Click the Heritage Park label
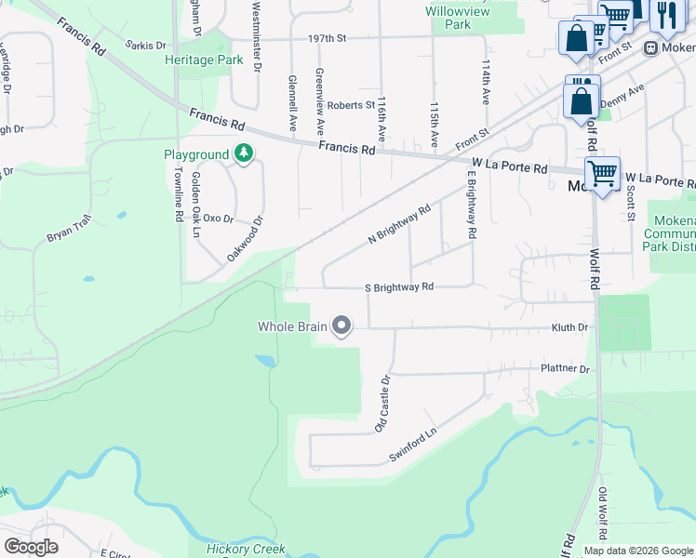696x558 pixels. (204, 60)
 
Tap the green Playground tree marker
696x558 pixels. (244, 153)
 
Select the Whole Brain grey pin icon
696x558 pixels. (341, 325)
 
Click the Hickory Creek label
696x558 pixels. (246, 549)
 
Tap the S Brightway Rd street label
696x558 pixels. (399, 287)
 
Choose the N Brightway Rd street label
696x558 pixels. (399, 224)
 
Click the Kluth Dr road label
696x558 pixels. (569, 327)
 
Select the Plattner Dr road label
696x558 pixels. (565, 369)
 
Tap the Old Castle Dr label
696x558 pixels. (381, 404)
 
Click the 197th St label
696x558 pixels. (327, 38)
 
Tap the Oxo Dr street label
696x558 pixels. (217, 219)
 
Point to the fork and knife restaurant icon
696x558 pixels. (666, 16)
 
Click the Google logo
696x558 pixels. (31, 547)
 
